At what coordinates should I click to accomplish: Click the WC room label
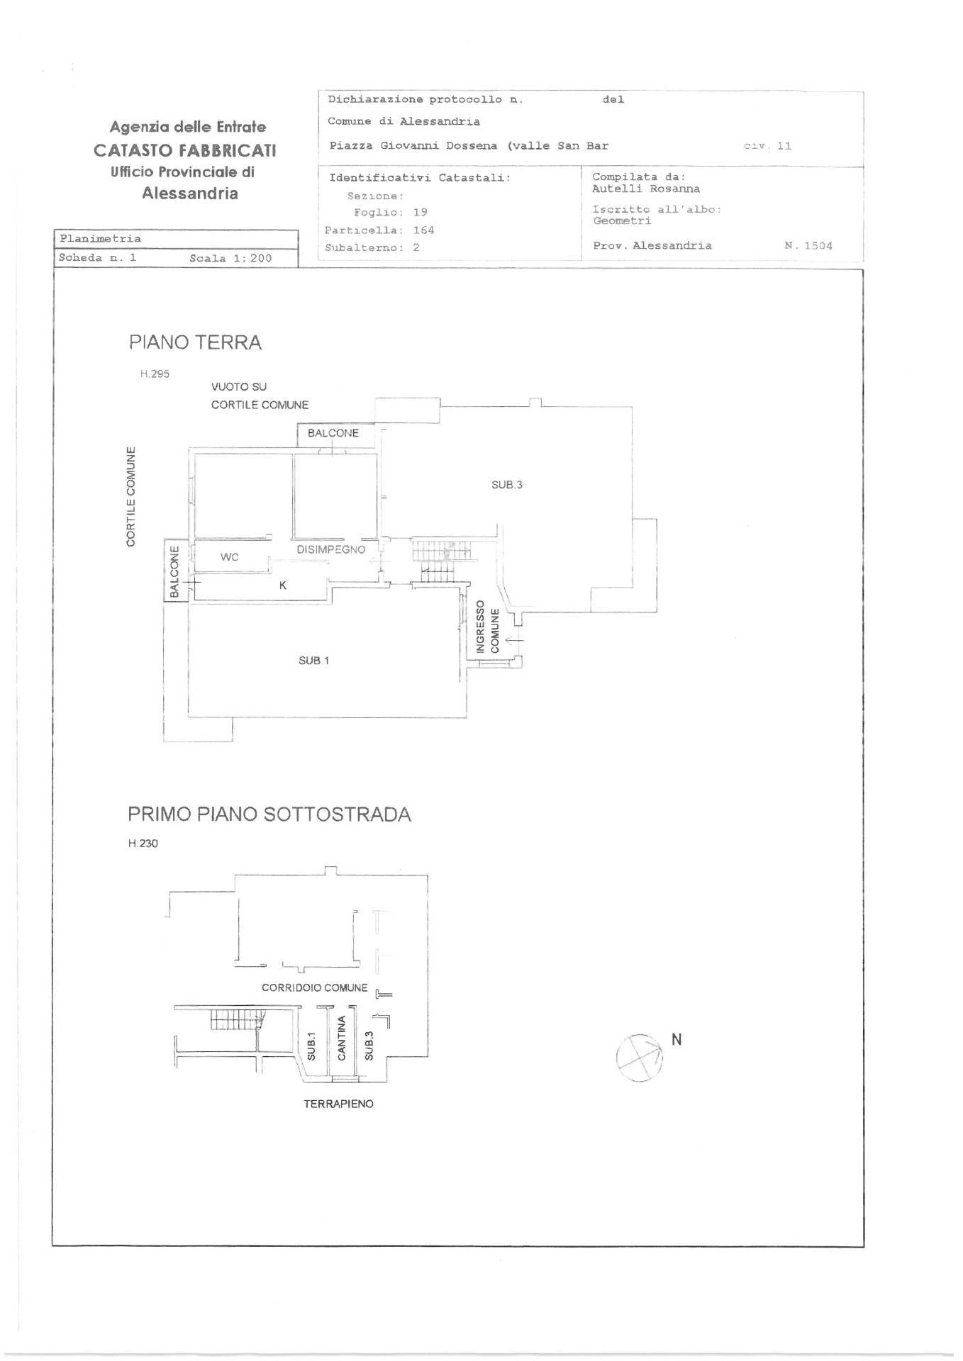point(229,557)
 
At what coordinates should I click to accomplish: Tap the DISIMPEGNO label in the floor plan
point(331,549)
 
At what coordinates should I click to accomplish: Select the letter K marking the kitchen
point(283,586)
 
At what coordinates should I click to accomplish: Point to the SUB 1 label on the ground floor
point(313,661)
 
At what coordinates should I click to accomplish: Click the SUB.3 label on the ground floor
point(507,485)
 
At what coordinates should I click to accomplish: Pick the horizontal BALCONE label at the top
point(333,433)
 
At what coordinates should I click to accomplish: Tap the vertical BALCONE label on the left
point(174,571)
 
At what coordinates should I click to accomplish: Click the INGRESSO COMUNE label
point(487,627)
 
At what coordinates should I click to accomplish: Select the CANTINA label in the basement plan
point(342,1038)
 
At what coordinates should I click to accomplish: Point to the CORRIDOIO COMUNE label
point(315,987)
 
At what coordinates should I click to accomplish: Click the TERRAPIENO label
point(338,1104)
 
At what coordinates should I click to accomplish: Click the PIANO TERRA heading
point(195,342)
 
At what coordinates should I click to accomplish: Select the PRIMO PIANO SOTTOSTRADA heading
point(269,814)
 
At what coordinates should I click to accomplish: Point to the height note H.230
point(143,844)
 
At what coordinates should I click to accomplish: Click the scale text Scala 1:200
point(230,258)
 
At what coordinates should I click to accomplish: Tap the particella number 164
point(423,230)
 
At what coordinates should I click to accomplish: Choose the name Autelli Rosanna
point(646,189)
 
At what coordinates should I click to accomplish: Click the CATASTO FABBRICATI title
point(185,150)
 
